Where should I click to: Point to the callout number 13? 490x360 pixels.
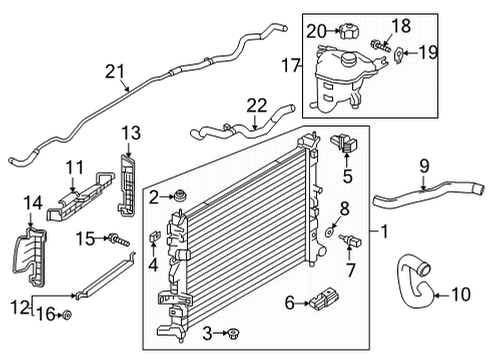tap(132, 134)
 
